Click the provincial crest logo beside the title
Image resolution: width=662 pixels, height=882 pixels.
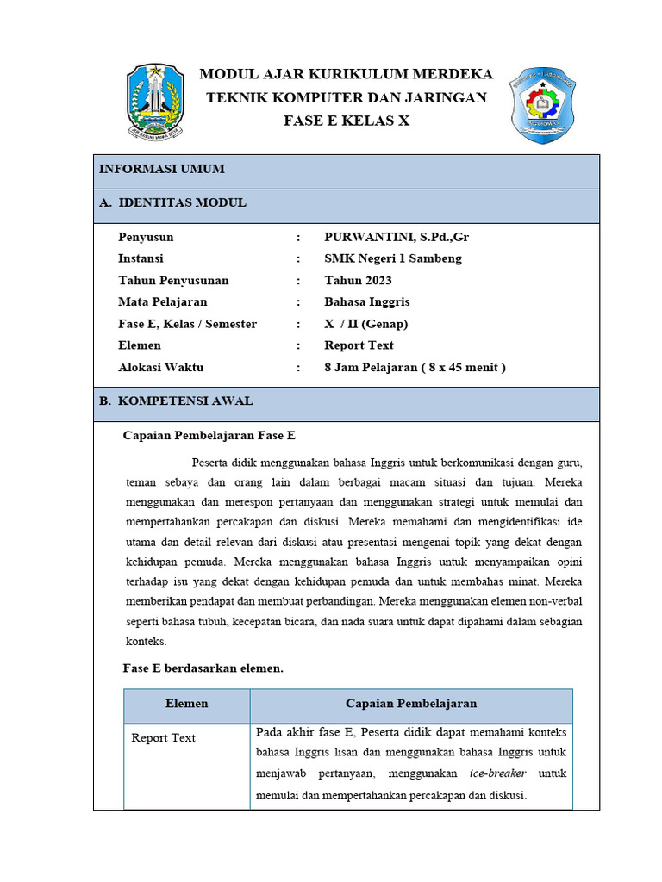(x=156, y=102)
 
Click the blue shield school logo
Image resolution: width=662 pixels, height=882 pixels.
(x=543, y=104)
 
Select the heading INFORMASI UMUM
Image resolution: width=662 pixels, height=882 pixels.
(x=162, y=169)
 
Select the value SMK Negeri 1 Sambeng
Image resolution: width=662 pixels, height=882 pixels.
(x=393, y=258)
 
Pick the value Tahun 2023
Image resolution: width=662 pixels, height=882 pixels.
(x=358, y=280)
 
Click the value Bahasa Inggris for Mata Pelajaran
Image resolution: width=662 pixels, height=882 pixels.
(x=367, y=301)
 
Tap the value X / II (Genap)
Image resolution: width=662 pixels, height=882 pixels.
(x=365, y=324)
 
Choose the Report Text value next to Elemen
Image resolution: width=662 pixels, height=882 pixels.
(x=359, y=345)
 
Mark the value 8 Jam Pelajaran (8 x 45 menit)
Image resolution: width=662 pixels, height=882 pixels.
(x=415, y=367)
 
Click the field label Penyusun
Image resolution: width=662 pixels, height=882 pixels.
(x=146, y=237)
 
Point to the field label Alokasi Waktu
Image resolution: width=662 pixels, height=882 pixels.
(x=160, y=367)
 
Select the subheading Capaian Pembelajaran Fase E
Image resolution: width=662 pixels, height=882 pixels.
(x=209, y=435)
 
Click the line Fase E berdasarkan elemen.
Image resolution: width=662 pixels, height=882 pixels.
(x=203, y=668)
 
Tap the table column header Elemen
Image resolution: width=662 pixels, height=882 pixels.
(x=187, y=704)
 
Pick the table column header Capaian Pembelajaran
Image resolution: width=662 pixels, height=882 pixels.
(x=411, y=704)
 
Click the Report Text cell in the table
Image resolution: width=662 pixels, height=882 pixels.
(x=164, y=738)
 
